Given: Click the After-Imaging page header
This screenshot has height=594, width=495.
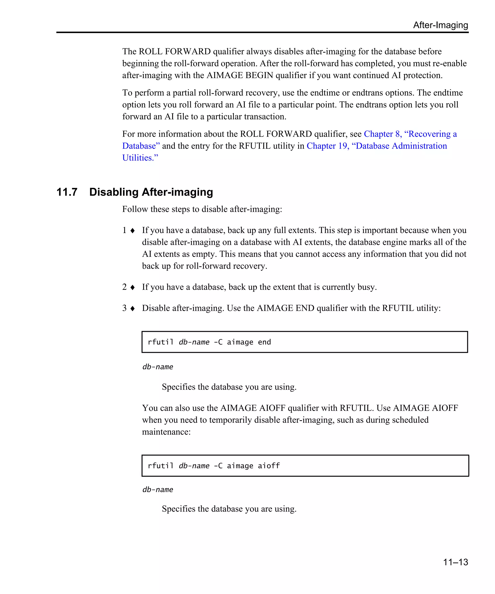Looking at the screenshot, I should pos(440,25).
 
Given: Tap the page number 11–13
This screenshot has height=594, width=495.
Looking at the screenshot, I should pos(455,562).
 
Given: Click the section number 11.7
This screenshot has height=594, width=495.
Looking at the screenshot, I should pos(67,192).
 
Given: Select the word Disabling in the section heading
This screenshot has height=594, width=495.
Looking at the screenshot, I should pos(114,192).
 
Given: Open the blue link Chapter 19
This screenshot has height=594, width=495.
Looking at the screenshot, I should pos(327,146).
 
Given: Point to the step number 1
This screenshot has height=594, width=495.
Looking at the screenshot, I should pos(124,230).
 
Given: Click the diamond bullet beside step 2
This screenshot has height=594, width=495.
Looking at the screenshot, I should pos(132,287).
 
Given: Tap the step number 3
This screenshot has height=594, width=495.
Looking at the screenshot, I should pos(124,308).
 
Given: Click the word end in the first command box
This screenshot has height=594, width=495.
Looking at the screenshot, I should pos(264,342).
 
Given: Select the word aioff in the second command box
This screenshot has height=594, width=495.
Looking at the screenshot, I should pos(269,466).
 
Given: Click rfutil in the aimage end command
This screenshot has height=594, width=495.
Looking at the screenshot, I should pos(160,342).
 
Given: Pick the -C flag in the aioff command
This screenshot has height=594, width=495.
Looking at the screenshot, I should pos(218,466).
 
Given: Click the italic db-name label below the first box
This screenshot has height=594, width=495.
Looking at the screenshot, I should pos(158,367).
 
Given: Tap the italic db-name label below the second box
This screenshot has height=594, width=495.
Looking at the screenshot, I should pos(158,490).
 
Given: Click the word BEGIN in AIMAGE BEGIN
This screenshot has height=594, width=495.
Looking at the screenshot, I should pos(259,75).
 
